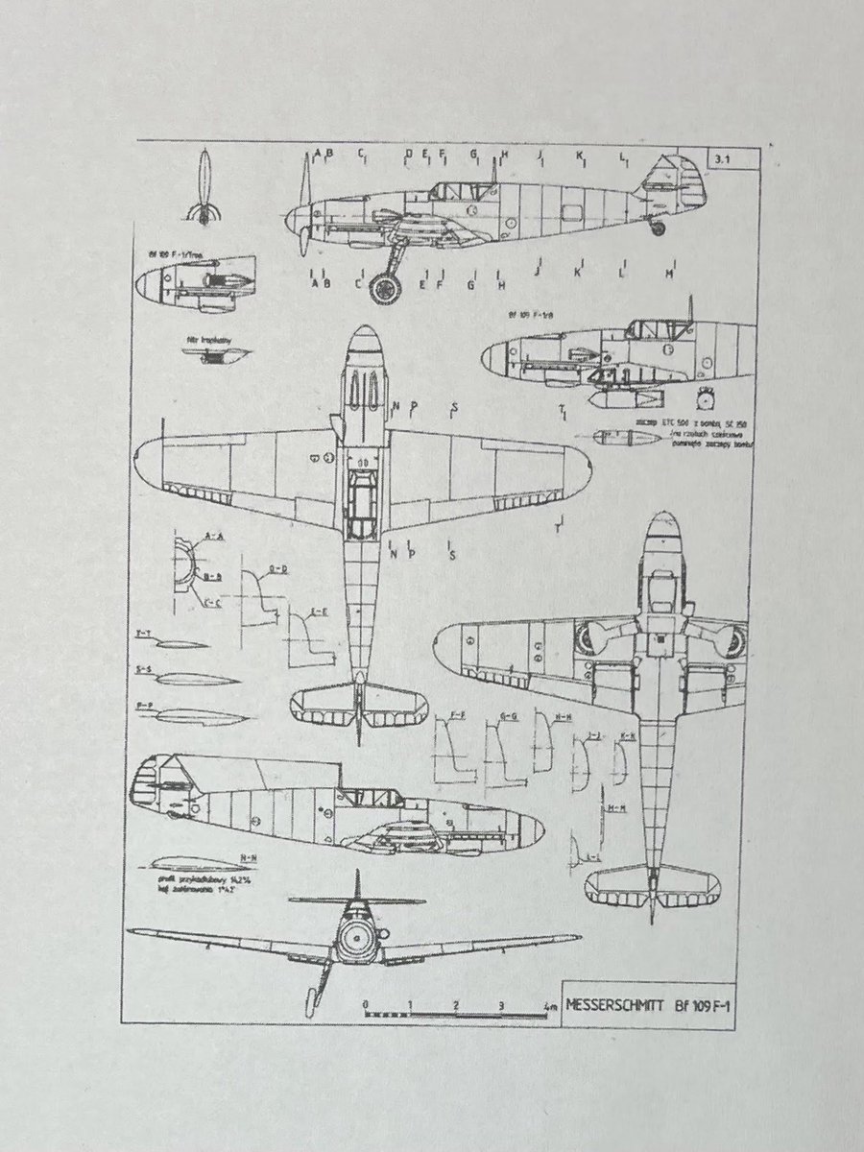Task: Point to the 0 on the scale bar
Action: tap(366, 1004)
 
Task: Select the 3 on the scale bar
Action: tap(501, 1004)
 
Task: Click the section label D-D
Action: tap(279, 570)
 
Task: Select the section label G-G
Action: tap(510, 716)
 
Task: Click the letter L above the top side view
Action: tap(622, 154)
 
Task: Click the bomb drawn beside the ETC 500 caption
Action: tap(616, 437)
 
